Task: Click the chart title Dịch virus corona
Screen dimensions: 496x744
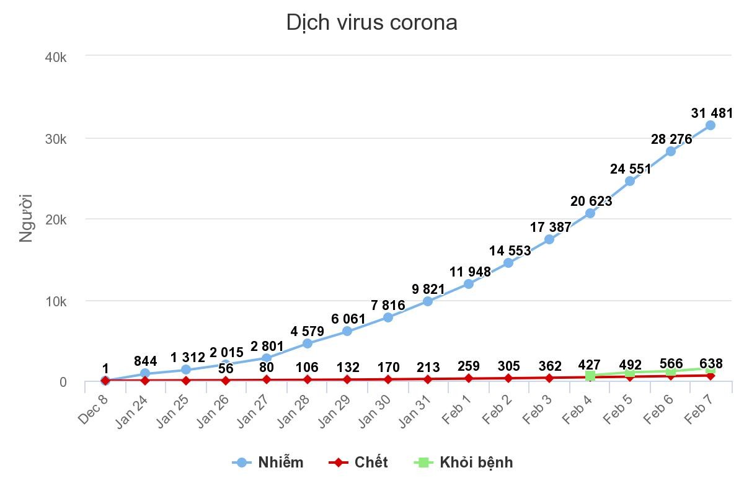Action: tap(371, 22)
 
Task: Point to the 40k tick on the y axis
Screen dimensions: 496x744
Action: tap(56, 57)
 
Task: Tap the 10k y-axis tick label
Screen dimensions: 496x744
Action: tap(56, 301)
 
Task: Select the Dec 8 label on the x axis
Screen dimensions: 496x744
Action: tap(93, 410)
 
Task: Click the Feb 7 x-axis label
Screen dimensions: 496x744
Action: tap(699, 410)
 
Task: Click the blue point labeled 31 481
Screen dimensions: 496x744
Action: tap(711, 125)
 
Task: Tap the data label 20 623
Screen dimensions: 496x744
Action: tap(591, 201)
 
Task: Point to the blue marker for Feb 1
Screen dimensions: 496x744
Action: tap(469, 284)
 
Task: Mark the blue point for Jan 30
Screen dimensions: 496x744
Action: tap(388, 317)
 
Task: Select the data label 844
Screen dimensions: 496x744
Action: tap(145, 361)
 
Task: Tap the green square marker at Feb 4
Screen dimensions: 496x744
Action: tap(590, 376)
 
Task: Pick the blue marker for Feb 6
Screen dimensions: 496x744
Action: tap(670, 151)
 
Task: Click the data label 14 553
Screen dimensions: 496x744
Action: tap(510, 250)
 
